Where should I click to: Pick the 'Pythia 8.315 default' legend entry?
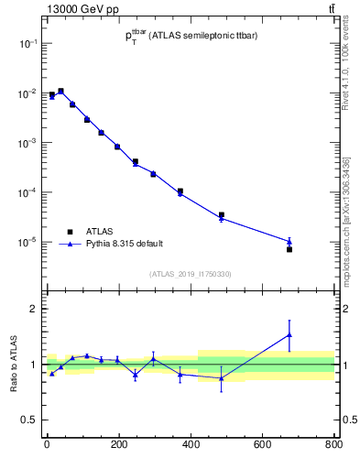click(x=124, y=244)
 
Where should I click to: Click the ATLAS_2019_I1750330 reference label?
click(x=190, y=273)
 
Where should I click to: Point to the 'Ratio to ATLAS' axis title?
click(x=14, y=364)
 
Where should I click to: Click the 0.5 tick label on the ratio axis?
click(x=27, y=420)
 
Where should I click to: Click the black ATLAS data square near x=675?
click(x=289, y=249)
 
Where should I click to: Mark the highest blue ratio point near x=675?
click(x=289, y=335)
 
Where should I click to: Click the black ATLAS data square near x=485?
click(x=222, y=214)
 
